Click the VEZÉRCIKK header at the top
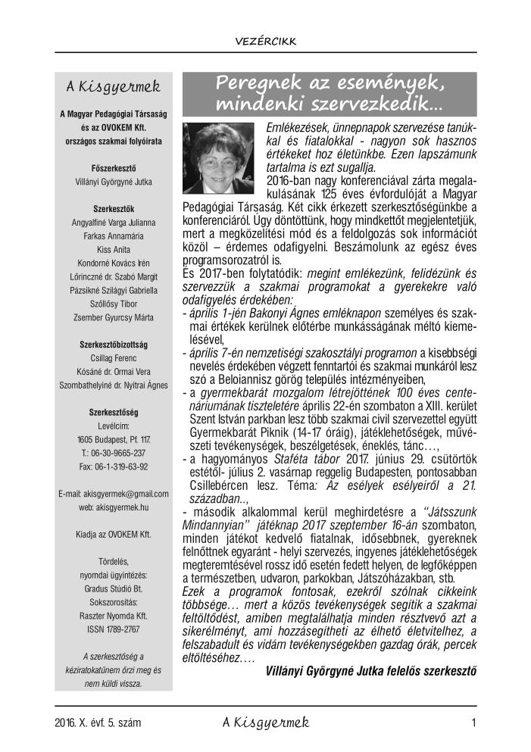tap(265, 41)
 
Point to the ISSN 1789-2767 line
tap(113, 607)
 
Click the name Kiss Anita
tap(113, 249)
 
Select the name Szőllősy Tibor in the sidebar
tap(113, 304)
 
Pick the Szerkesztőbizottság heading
tap(113, 345)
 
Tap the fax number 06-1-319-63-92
tap(113, 466)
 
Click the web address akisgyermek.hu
tap(113, 507)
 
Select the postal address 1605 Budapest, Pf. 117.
tap(113, 439)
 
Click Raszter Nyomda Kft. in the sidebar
tap(113, 594)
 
